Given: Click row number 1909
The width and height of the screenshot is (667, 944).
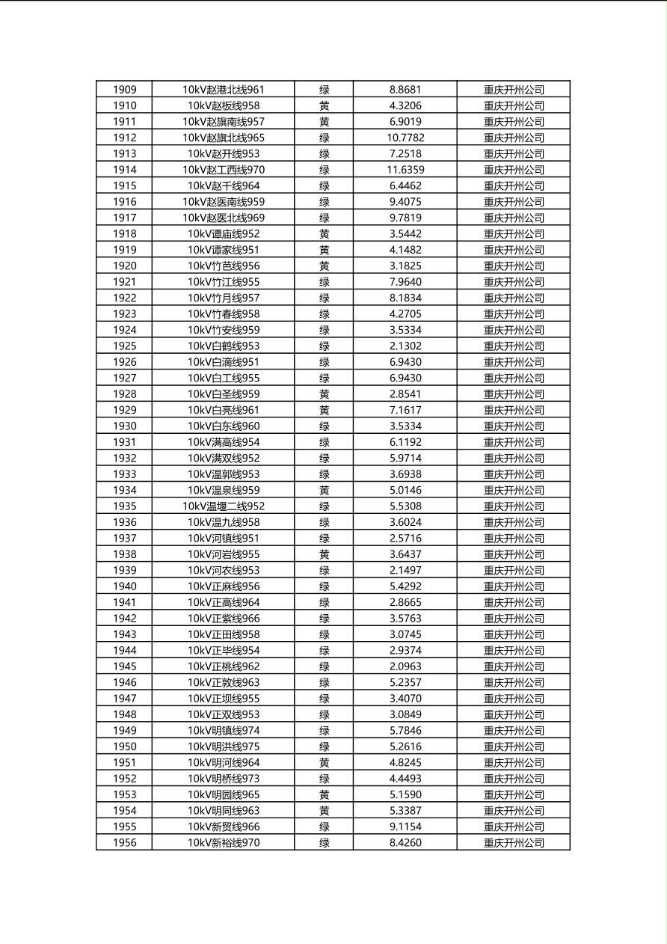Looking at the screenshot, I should [124, 90].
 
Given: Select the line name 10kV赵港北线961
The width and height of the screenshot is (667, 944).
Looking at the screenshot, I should [223, 90].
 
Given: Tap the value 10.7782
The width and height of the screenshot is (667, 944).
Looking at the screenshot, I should [405, 138].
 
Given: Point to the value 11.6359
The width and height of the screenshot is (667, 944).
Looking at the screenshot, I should [405, 170].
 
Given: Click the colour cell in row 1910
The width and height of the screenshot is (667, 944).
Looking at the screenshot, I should [324, 105].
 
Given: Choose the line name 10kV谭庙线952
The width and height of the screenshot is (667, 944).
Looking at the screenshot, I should [223, 234].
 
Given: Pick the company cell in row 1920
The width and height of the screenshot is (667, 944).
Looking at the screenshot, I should [514, 266].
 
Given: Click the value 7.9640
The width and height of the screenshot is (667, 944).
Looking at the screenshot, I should [405, 282].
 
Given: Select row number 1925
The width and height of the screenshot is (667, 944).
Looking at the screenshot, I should [124, 346].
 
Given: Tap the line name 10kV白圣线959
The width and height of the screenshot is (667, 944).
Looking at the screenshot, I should [223, 394].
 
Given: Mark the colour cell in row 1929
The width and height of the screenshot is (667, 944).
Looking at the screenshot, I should [324, 410].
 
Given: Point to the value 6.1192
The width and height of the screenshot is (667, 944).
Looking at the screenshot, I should [405, 442].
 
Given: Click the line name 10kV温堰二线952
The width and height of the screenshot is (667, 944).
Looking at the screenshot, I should [223, 506].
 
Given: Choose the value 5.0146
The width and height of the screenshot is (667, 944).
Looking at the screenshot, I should [405, 490].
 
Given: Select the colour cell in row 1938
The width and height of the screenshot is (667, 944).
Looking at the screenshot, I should [324, 554].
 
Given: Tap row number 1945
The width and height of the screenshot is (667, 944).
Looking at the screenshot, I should [124, 666].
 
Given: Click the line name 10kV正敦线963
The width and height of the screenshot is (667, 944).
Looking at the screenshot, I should [223, 682].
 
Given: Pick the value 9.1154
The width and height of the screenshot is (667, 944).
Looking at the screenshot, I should [405, 827].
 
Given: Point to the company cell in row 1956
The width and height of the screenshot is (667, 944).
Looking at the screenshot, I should [514, 843].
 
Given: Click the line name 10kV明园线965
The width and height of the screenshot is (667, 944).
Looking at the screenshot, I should [223, 794].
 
